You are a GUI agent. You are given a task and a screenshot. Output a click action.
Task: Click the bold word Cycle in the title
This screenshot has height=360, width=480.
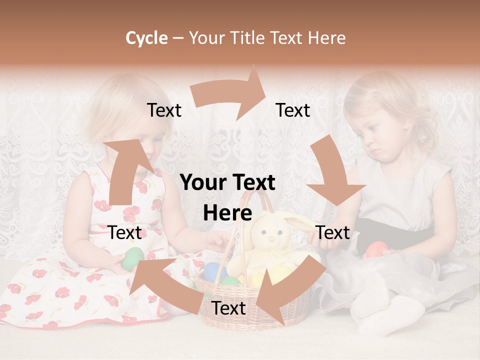(x=146, y=38)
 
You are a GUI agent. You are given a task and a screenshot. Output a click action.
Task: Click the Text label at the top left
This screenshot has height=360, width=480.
(x=164, y=110)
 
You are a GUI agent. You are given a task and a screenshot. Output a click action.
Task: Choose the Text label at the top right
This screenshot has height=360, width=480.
(x=293, y=110)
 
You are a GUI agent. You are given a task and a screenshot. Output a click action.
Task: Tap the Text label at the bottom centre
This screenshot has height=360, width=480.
(x=228, y=308)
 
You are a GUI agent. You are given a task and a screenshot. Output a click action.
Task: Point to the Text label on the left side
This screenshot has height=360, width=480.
(x=125, y=232)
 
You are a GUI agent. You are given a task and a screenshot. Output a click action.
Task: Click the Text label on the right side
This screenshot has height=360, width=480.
(x=332, y=232)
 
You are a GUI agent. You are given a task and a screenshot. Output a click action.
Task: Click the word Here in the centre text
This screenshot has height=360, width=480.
(x=227, y=213)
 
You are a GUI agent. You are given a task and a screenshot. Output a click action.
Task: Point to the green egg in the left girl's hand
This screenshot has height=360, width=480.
(x=133, y=257)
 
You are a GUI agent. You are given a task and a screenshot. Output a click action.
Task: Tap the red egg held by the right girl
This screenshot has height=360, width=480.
(x=376, y=249)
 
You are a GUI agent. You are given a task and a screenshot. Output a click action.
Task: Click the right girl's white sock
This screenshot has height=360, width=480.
(x=387, y=315)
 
